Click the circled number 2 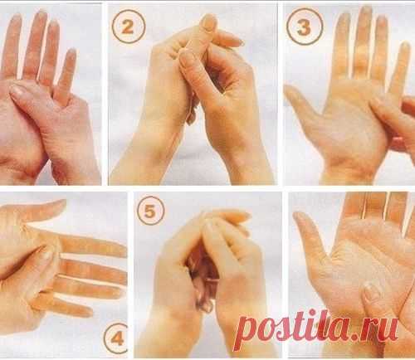point(129,27)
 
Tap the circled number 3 point(305,27)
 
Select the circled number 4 point(117,338)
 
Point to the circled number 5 point(151,211)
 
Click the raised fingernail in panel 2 point(208,23)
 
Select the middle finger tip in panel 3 point(366,10)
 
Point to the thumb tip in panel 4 point(61,203)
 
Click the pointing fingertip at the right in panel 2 point(237,41)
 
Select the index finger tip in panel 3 point(343,17)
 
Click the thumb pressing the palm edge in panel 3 point(379,109)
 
